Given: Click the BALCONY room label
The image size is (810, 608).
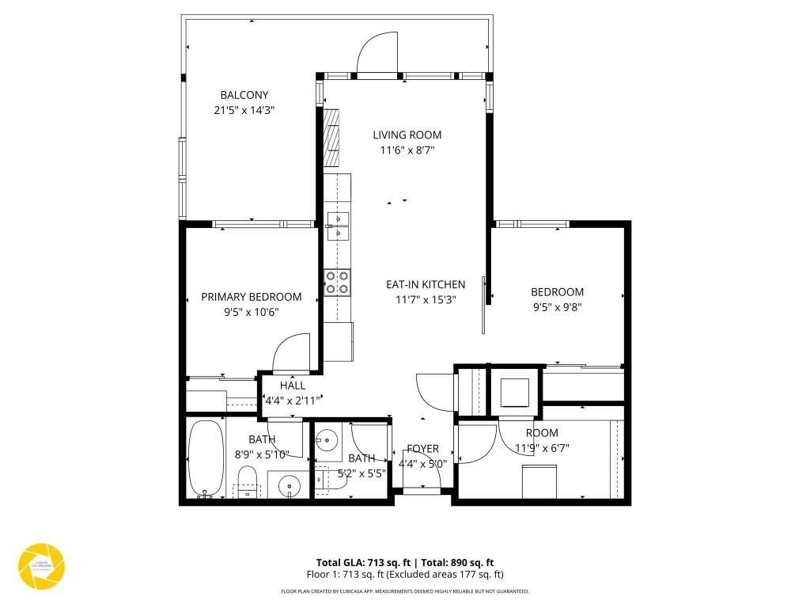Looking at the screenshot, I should [x=244, y=96].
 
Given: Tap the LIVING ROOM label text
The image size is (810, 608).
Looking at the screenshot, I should [x=407, y=135].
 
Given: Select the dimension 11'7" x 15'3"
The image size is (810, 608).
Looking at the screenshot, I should [x=425, y=299].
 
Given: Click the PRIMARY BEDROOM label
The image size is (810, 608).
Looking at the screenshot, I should [x=251, y=297].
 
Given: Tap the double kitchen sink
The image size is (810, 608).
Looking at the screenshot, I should [x=338, y=225].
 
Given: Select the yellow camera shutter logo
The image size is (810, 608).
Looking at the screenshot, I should [x=41, y=566].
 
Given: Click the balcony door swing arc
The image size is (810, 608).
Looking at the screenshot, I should [x=377, y=53].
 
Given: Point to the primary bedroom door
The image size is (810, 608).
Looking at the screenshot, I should [x=292, y=353].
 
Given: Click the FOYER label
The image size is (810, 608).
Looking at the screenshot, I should [x=422, y=449].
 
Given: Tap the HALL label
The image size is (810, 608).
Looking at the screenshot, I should [x=292, y=386].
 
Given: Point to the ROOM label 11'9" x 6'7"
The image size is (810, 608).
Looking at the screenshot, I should [x=542, y=433].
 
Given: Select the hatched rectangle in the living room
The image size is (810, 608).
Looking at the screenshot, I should [x=332, y=139].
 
